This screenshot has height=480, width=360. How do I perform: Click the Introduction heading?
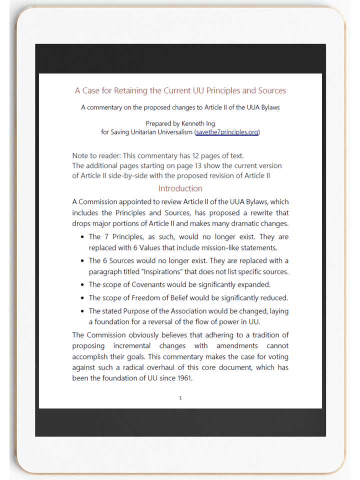pyautogui.click(x=180, y=188)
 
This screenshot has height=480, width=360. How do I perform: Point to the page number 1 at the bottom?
pyautogui.click(x=180, y=398)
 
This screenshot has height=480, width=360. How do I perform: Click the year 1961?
pyautogui.click(x=182, y=378)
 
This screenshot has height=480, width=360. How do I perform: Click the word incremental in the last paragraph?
pyautogui.click(x=149, y=346)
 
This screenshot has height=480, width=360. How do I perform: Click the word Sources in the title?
pyautogui.click(x=272, y=90)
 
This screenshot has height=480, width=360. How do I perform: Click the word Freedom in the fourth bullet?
pyautogui.click(x=149, y=298)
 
